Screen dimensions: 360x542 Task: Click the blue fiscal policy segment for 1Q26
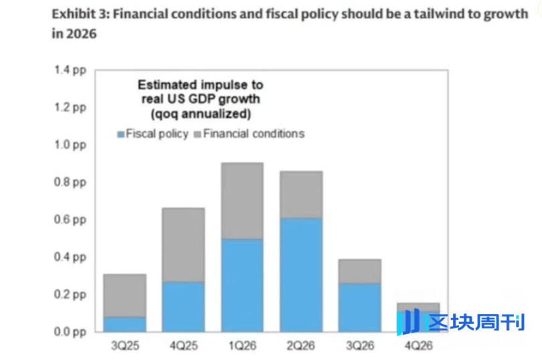click(x=242, y=285)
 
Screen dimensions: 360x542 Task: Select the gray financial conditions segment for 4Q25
click(x=183, y=244)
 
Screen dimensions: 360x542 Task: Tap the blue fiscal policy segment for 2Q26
click(x=300, y=274)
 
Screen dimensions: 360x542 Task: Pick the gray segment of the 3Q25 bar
click(x=124, y=295)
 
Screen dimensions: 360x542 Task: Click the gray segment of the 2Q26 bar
click(x=300, y=194)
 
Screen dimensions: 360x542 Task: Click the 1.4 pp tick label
click(x=72, y=70)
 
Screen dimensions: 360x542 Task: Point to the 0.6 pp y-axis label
click(x=72, y=219)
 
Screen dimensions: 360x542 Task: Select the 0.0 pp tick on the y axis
click(x=72, y=332)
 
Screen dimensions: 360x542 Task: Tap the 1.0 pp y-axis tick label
click(x=72, y=145)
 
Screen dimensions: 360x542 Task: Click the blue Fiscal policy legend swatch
click(x=120, y=134)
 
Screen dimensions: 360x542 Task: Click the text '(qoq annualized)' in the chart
click(x=200, y=113)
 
